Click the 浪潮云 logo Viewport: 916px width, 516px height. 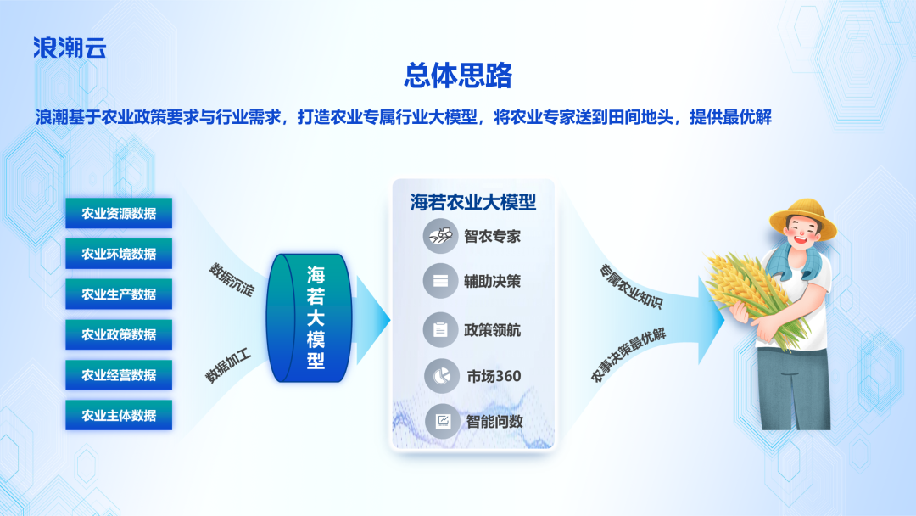tap(70, 48)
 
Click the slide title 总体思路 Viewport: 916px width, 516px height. tap(458, 76)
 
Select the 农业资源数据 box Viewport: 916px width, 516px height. tap(119, 213)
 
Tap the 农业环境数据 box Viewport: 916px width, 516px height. tap(119, 254)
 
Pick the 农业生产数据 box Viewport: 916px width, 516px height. tap(119, 294)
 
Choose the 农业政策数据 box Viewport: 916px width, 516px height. tap(119, 334)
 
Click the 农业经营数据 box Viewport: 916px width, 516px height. tap(119, 375)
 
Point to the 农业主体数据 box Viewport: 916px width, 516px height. tap(119, 415)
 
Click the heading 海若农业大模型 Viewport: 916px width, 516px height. tap(473, 203)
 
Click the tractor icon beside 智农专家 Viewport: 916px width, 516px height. tap(440, 236)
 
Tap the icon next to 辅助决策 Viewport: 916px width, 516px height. tap(440, 282)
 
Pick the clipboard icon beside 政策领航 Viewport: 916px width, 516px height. tap(440, 329)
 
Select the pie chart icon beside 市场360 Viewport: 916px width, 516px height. tap(440, 375)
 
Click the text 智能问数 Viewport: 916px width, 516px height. tap(494, 421)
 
